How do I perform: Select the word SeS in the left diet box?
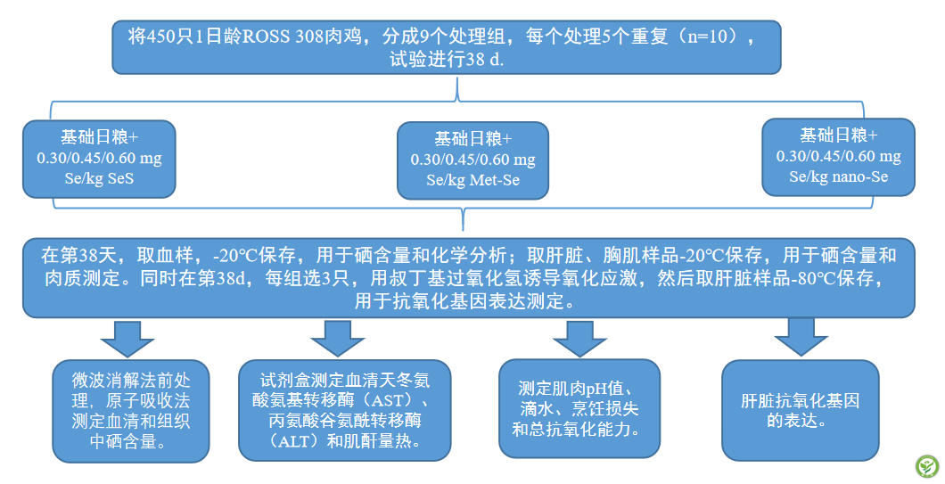127,178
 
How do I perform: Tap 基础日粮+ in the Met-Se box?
472,139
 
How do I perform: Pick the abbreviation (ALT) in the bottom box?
282,441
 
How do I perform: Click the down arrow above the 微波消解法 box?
127,338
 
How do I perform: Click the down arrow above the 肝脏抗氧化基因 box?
801,338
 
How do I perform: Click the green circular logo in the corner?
925,466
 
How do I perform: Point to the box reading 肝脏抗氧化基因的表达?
800,411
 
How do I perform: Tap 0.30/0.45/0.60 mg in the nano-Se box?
838,156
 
